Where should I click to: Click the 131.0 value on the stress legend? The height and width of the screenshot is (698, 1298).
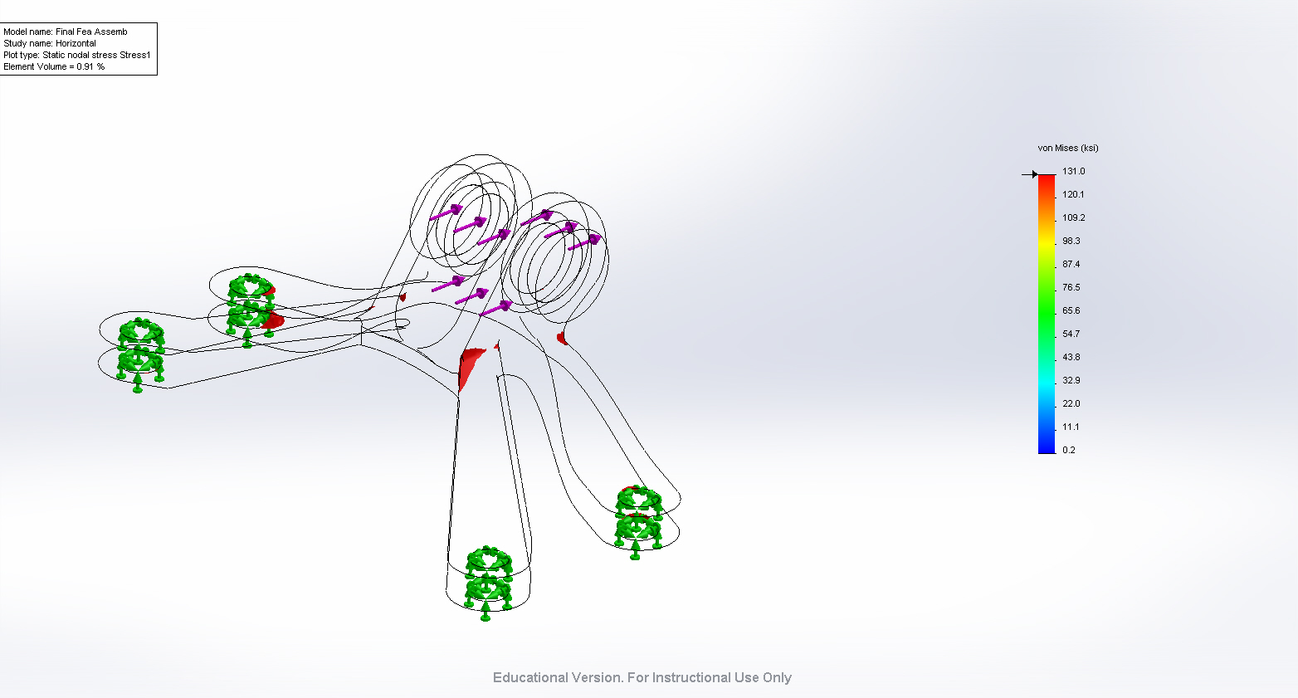[1073, 172]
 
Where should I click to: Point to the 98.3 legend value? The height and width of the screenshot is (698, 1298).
[1071, 241]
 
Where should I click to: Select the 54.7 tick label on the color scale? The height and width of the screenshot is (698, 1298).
[1071, 334]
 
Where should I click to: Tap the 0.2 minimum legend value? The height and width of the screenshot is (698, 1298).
[1069, 450]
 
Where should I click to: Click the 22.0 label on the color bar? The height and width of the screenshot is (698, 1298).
[1071, 403]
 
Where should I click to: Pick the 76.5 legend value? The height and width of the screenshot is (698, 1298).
[1071, 287]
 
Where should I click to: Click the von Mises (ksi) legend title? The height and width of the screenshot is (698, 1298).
[1068, 149]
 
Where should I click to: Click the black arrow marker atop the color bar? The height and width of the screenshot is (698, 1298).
[1030, 174]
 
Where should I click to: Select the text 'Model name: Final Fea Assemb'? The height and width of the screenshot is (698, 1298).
[66, 32]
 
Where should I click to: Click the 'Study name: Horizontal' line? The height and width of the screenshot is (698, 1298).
[50, 43]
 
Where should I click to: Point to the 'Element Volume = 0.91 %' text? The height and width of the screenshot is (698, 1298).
[54, 66]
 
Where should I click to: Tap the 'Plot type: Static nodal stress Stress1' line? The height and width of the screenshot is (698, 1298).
[77, 55]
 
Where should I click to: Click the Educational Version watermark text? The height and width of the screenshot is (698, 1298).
[642, 678]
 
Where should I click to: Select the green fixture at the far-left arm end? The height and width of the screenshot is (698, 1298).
[139, 354]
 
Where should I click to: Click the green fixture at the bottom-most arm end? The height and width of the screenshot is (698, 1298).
[488, 582]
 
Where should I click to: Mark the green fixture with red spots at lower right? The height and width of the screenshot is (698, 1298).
[638, 522]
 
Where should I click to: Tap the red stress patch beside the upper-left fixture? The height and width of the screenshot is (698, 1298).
[272, 320]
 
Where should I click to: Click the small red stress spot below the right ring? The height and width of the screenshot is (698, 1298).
[562, 338]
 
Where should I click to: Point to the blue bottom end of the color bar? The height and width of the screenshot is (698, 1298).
[1047, 450]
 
